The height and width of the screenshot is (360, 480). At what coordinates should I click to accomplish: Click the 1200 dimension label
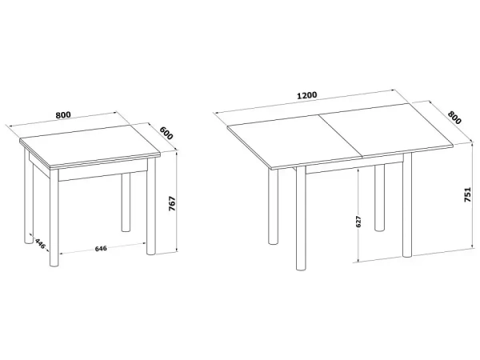pos(307,95)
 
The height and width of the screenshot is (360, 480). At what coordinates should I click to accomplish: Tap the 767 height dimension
pos(172,203)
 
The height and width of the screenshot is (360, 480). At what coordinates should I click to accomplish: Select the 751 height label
pos(467,194)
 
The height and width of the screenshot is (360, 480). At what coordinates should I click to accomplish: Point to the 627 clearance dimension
pos(358,222)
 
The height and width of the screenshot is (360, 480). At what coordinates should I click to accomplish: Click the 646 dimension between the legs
pos(101,248)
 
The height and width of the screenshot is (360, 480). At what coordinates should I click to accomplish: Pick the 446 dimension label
pos(41,243)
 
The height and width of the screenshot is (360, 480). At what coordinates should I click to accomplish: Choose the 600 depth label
pos(166,133)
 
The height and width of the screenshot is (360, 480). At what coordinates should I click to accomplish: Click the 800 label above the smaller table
pos(63,115)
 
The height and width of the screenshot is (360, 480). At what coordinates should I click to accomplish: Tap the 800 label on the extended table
pos(454,118)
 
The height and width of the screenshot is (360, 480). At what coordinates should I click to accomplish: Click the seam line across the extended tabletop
pos(341,136)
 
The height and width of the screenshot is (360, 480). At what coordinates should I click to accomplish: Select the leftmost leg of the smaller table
pos(28,196)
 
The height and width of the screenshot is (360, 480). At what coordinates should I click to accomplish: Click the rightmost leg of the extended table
pos(407,205)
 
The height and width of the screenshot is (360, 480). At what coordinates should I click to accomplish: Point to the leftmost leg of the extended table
pos(273,206)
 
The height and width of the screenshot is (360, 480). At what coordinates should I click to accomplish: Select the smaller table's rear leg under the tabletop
pos(126,202)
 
